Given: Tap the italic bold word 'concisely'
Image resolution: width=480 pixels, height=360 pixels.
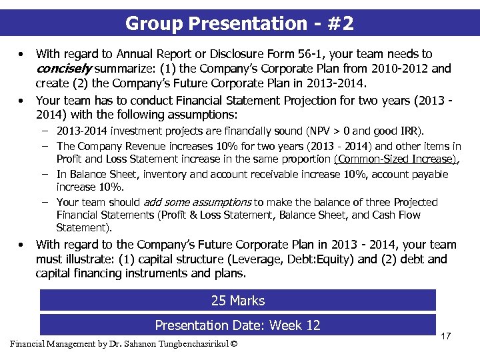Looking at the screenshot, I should (64, 68).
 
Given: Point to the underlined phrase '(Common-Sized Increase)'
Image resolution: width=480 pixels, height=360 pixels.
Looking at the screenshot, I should (395, 159).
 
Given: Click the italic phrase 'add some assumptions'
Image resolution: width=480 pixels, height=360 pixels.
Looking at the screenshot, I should (196, 202).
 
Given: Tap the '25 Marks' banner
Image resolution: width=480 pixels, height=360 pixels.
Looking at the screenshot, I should (238, 301).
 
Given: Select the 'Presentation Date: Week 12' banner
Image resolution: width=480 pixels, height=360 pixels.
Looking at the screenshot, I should (238, 325).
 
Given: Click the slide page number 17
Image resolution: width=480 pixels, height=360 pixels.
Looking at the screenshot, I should (446, 336).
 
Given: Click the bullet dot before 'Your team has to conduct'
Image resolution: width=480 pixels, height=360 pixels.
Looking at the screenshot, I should (23, 101).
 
